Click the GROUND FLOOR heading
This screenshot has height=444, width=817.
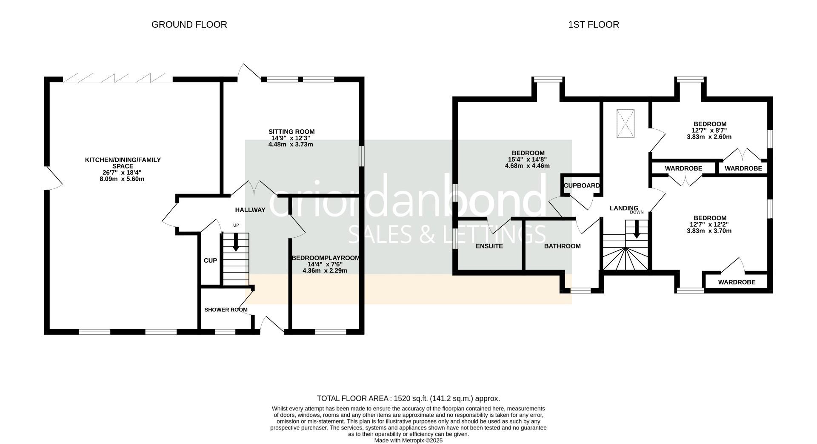click(x=189, y=25)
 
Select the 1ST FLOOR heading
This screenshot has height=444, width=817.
click(x=594, y=25)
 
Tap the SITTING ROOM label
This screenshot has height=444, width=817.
click(x=291, y=132)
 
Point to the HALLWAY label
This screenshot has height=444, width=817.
click(x=250, y=210)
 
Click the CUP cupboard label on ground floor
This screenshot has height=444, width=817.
click(x=210, y=261)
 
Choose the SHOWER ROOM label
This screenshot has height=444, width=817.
click(x=226, y=310)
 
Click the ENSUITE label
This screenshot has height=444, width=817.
click(x=489, y=246)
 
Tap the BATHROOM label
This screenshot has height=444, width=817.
click(x=563, y=246)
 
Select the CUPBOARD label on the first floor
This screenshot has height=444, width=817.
click(x=582, y=185)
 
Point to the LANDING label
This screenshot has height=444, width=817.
click(x=624, y=208)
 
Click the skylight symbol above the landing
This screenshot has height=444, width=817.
click(x=626, y=124)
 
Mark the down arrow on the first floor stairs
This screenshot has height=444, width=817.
click(x=637, y=229)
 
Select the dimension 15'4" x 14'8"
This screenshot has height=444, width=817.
click(x=527, y=159)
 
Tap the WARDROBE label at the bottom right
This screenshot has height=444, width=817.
click(x=737, y=282)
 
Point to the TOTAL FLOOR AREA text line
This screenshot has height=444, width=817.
click(x=408, y=398)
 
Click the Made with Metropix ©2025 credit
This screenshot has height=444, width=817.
click(x=408, y=441)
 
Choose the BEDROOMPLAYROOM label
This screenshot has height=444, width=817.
click(x=326, y=258)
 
